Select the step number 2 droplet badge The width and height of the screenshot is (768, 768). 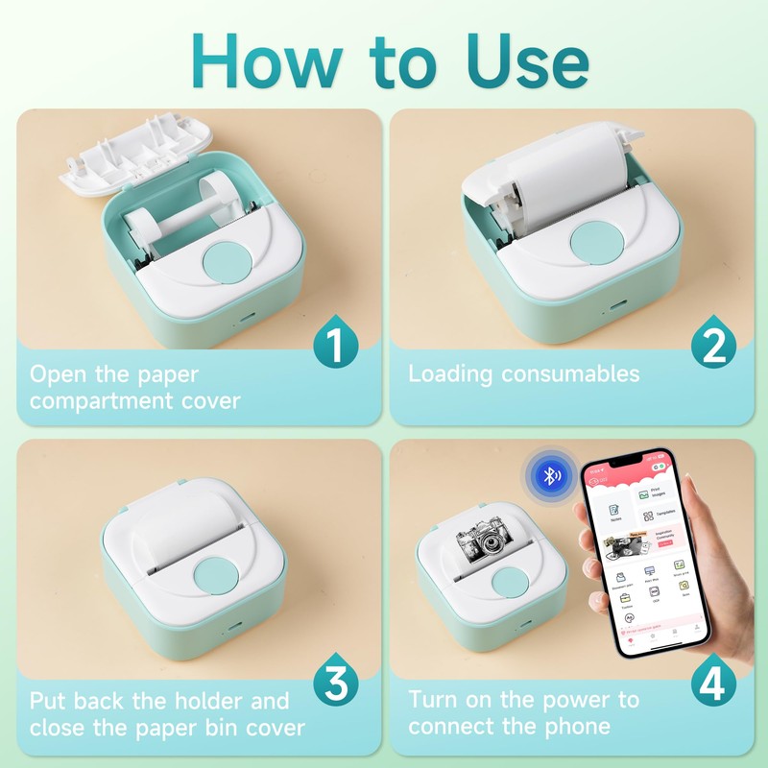tap(712, 343)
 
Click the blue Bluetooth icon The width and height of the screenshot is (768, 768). tap(550, 475)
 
